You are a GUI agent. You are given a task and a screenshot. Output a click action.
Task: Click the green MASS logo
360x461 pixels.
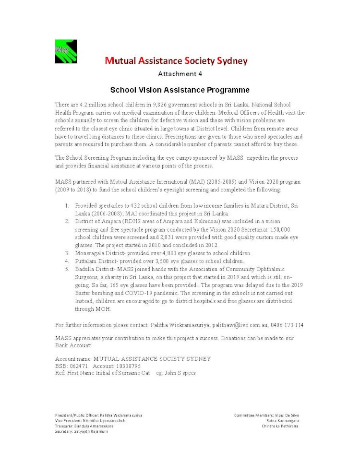coord(66,51)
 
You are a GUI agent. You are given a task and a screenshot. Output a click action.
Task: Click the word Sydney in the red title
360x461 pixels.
coord(232,61)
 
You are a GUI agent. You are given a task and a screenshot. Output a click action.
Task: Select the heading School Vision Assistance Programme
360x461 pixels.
coord(180,90)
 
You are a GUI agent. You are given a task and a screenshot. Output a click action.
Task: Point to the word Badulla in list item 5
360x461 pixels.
coord(85,269)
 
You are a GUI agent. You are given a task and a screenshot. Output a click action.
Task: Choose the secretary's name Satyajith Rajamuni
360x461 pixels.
coord(95,431)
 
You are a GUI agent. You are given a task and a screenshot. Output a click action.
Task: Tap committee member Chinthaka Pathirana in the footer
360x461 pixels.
coord(280,426)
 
